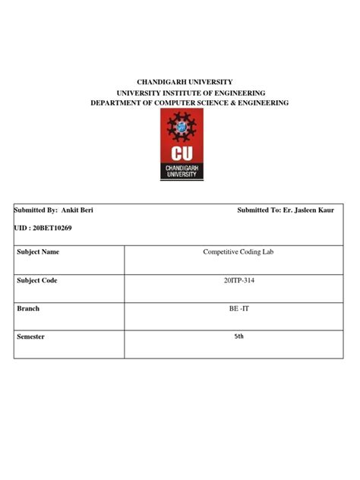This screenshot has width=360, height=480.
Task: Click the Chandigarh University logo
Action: tap(182, 145)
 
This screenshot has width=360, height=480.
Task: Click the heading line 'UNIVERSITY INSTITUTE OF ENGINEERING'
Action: tap(179, 92)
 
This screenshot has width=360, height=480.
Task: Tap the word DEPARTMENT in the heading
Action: tap(116, 103)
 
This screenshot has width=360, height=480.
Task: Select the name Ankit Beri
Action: tap(77, 209)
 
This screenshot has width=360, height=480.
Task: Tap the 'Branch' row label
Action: tap(28, 308)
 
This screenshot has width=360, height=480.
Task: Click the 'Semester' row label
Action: tap(32, 336)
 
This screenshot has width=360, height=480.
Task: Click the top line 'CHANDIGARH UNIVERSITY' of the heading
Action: tap(179, 81)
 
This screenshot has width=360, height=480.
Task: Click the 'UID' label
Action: tap(21, 228)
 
